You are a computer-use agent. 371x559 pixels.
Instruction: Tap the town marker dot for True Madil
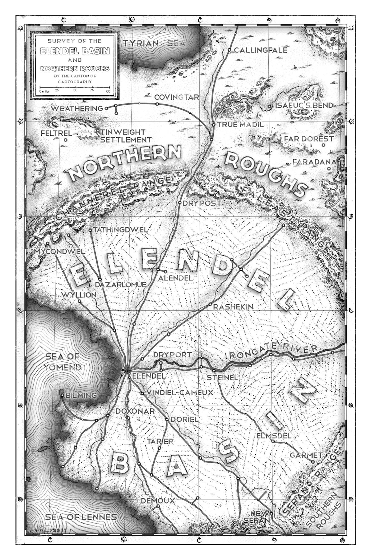[214, 125]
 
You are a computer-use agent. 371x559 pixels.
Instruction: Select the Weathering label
[77, 108]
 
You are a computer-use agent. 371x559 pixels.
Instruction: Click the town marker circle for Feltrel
[66, 140]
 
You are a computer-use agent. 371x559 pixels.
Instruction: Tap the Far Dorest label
[308, 139]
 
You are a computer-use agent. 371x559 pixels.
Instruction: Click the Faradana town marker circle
[329, 169]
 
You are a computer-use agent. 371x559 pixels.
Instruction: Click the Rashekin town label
[233, 307]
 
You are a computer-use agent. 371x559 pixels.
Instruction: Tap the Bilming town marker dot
[62, 395]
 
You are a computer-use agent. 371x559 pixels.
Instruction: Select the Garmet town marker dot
[313, 462]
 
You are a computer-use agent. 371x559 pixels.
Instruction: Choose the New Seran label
[259, 517]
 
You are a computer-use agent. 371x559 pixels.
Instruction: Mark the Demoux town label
[158, 501]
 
